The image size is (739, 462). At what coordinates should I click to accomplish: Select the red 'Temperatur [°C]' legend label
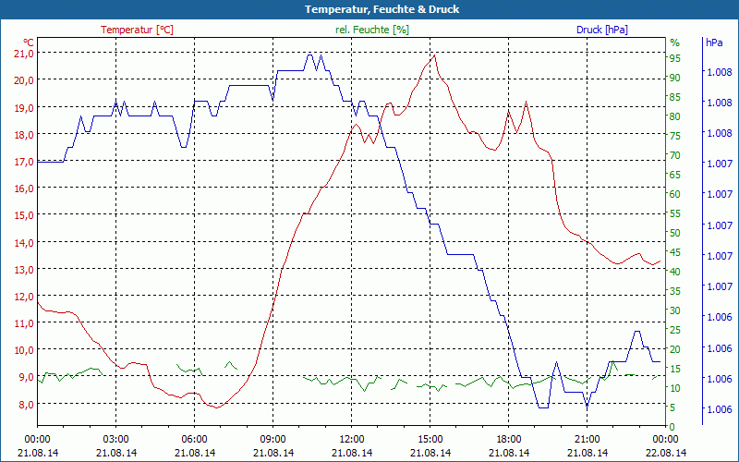[x=137, y=30]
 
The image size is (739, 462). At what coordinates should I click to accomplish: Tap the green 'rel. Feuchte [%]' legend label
[x=371, y=30]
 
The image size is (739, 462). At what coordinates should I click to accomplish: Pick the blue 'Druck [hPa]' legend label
[x=601, y=30]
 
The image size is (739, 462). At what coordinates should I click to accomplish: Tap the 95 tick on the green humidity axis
[x=675, y=58]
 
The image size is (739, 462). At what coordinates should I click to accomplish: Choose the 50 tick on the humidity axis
[x=675, y=233]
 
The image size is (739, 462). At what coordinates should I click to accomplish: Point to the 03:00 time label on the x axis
[x=115, y=439]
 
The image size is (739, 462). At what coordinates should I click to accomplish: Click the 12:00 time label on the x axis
[x=352, y=439]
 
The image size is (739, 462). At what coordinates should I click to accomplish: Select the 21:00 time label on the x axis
[x=588, y=439]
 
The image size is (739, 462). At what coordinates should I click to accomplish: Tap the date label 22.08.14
[x=666, y=453]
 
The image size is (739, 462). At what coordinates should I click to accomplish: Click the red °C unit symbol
[x=29, y=43]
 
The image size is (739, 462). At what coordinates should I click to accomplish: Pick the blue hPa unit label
[x=714, y=43]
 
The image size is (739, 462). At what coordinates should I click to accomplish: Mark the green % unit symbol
[x=674, y=43]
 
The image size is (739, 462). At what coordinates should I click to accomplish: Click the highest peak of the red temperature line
[x=433, y=55]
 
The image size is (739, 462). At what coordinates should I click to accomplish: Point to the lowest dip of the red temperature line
[x=216, y=407]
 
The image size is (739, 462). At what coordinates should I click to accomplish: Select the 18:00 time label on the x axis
[x=509, y=439]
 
